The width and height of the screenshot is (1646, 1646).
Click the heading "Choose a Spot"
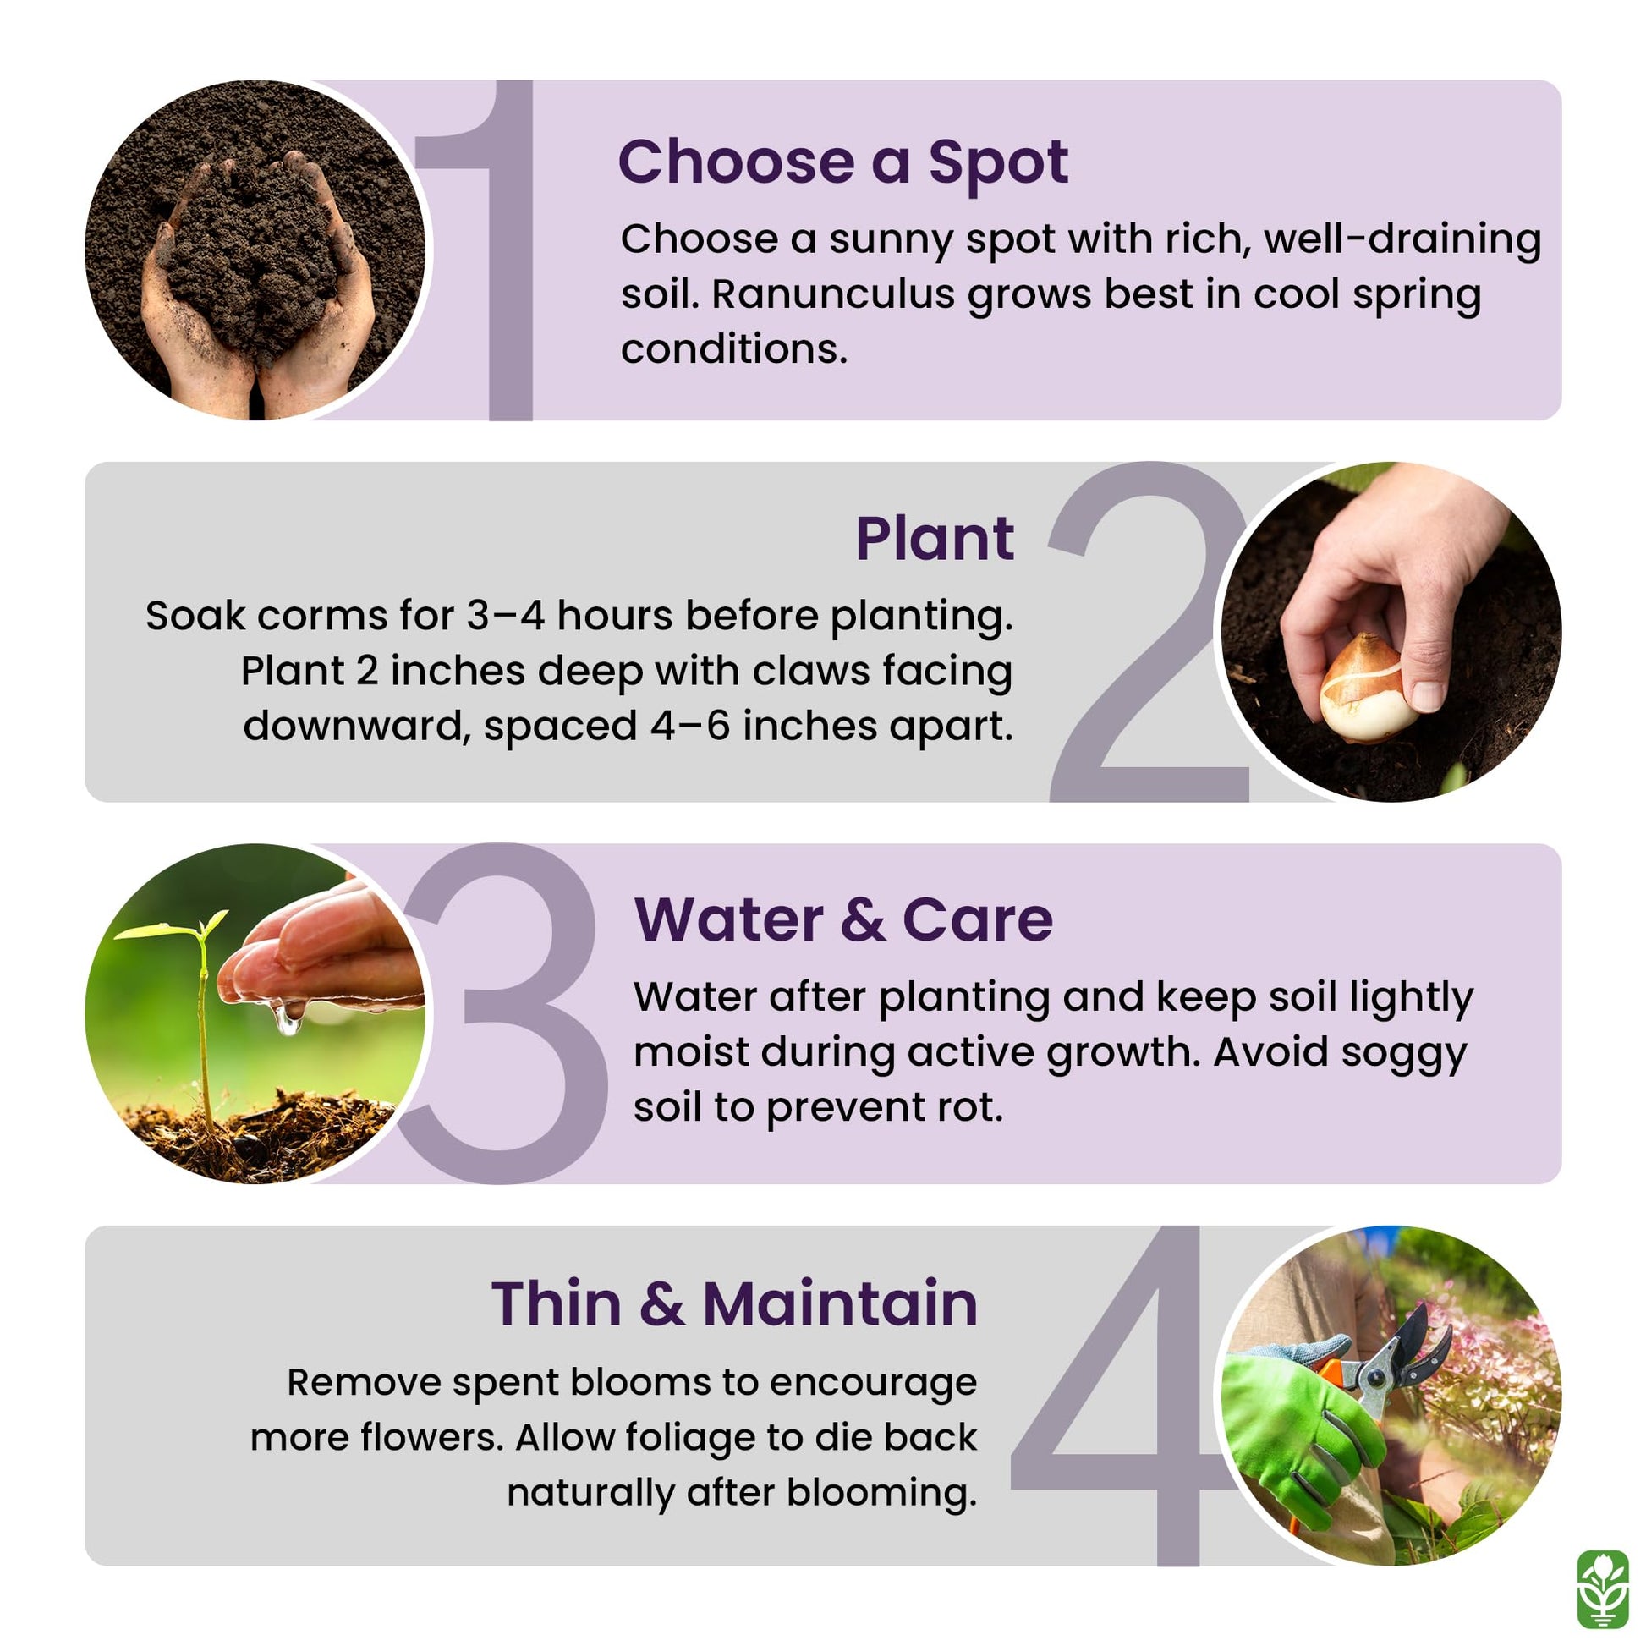tap(842, 162)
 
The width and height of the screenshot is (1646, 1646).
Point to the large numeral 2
tap(1149, 631)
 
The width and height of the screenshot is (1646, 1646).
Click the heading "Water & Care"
tap(843, 920)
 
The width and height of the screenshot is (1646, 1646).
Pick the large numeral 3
tap(502, 1013)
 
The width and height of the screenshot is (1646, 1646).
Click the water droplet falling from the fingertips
tap(288, 1019)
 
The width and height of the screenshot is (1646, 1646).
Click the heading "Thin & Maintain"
tap(734, 1303)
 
